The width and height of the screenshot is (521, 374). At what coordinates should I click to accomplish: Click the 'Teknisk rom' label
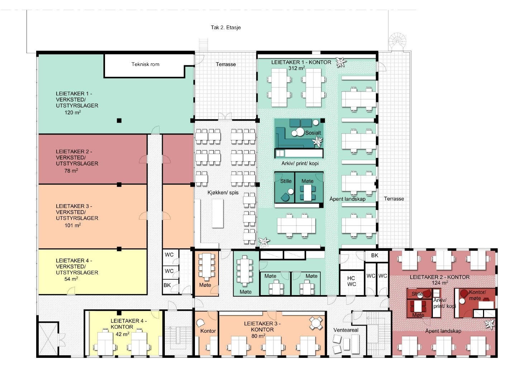(x=145, y=64)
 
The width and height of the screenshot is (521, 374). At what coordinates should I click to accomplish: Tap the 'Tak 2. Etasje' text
(x=226, y=28)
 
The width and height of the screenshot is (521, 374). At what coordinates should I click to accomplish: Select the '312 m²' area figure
(x=297, y=68)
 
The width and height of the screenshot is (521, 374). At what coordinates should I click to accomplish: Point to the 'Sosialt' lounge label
(x=313, y=133)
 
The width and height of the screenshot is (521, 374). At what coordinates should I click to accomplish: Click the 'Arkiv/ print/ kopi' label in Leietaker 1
(x=300, y=163)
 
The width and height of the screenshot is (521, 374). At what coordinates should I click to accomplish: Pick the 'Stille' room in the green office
(x=285, y=187)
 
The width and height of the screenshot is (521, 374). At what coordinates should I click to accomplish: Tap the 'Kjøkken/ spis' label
(x=223, y=193)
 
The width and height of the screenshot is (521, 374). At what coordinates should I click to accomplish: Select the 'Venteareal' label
(x=346, y=330)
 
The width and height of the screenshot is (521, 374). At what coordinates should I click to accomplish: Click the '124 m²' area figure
(x=440, y=283)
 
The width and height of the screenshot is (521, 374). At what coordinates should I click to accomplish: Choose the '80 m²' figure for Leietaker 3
(x=258, y=336)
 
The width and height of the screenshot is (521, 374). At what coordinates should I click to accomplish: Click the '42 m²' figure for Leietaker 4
(x=123, y=334)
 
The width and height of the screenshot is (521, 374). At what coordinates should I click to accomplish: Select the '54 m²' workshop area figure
(x=71, y=279)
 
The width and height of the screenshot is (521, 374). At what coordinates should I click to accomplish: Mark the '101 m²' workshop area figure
(x=73, y=225)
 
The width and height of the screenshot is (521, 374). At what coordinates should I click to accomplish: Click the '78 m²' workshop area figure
(x=71, y=171)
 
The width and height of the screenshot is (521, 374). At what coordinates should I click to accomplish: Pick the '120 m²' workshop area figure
(x=73, y=113)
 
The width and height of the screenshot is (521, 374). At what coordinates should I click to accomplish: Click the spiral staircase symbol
(x=397, y=42)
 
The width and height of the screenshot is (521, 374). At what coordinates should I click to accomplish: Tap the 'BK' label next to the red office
(x=375, y=256)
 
